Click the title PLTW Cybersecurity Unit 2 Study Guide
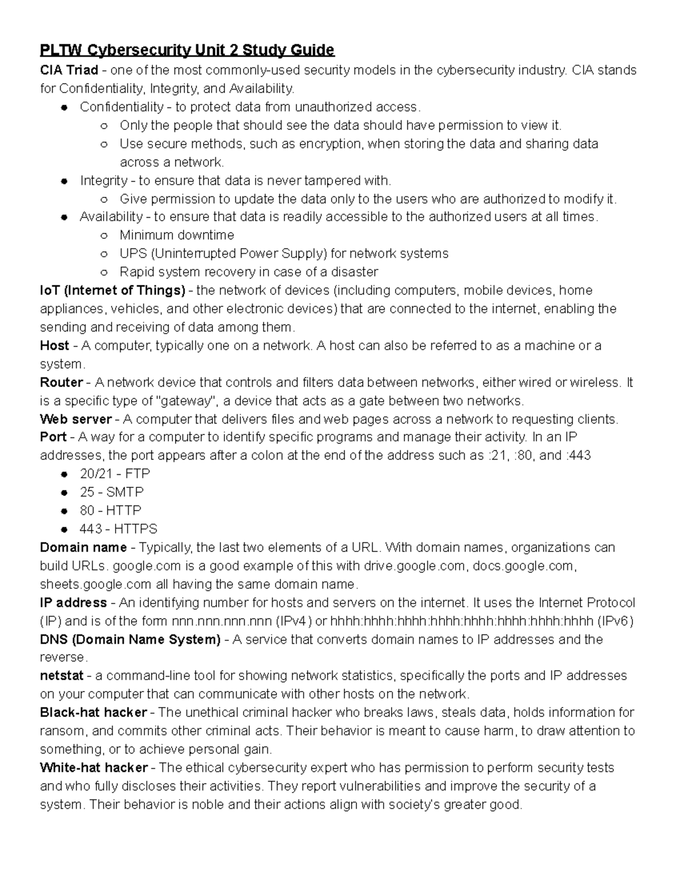click(x=187, y=50)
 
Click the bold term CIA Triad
click(x=69, y=70)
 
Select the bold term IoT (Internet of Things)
click(x=112, y=290)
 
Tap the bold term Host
click(x=54, y=345)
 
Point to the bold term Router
click(x=61, y=382)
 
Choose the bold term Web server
click(x=76, y=419)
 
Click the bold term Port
click(x=53, y=437)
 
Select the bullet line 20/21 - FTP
click(x=114, y=474)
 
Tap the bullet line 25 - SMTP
click(x=112, y=492)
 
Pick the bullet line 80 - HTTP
click(x=110, y=511)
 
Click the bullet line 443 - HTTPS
click(x=118, y=529)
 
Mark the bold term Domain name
click(x=83, y=547)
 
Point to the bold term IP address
click(x=73, y=602)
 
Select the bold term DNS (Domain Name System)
click(x=130, y=639)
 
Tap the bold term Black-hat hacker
click(x=93, y=713)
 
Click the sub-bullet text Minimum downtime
click(x=177, y=235)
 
